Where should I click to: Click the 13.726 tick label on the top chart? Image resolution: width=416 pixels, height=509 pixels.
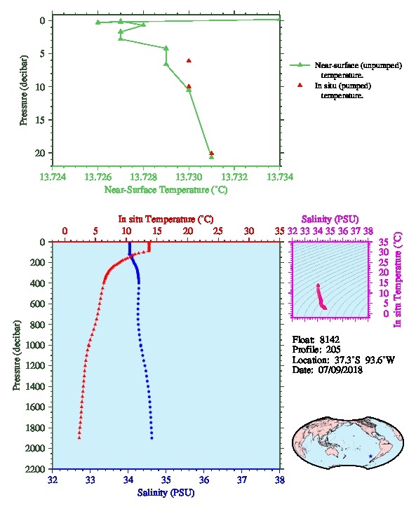tap(98, 177)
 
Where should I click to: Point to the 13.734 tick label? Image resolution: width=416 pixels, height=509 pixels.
tap(280, 177)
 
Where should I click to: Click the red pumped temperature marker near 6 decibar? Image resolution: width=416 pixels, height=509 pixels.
tap(189, 60)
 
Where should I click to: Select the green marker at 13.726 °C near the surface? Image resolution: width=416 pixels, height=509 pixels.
tap(98, 22)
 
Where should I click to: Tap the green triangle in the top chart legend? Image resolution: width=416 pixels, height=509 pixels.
tap(300, 65)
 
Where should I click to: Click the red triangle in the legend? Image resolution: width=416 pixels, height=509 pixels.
tap(300, 85)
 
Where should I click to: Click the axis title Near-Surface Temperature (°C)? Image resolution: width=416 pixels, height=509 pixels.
tap(166, 190)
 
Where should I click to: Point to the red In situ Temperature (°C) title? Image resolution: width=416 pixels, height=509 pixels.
tap(166, 219)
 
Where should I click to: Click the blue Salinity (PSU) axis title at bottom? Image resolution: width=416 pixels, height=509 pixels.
tap(166, 493)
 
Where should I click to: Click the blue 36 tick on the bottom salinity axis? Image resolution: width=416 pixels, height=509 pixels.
tap(204, 480)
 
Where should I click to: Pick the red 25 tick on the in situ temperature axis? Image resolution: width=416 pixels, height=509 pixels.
tap(218, 231)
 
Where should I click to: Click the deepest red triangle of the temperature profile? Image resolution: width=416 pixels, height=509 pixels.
tap(79, 437)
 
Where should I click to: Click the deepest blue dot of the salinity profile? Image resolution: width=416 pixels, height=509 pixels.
tap(152, 438)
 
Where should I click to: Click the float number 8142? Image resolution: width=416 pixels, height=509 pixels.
tap(330, 340)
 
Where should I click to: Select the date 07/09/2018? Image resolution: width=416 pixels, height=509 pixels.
tap(340, 370)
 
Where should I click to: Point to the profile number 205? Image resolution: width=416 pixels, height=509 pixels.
tap(333, 350)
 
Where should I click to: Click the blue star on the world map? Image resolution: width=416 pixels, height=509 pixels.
tap(370, 456)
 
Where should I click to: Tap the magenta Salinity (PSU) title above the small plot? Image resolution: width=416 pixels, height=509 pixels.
tap(330, 219)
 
